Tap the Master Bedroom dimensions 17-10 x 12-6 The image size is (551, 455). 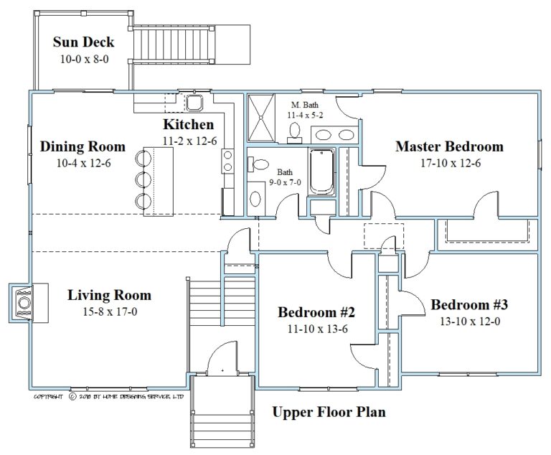pyautogui.click(x=449, y=163)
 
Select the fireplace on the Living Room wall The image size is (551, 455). pyautogui.click(x=24, y=301)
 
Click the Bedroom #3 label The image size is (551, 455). pyautogui.click(x=469, y=304)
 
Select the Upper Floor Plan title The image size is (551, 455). pyautogui.click(x=329, y=413)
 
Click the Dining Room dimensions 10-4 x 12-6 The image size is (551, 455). pyautogui.click(x=83, y=163)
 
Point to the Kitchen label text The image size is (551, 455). pyautogui.click(x=188, y=125)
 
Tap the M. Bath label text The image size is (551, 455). pyautogui.click(x=305, y=105)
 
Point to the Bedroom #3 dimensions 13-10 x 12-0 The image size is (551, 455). pyautogui.click(x=469, y=321)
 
